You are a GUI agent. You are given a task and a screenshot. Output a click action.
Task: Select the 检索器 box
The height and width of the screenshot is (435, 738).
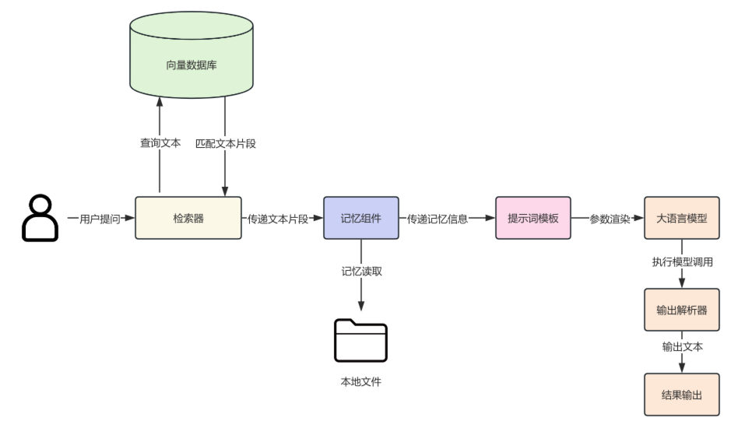188,219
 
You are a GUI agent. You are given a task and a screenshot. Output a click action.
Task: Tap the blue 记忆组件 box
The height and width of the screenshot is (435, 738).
361,219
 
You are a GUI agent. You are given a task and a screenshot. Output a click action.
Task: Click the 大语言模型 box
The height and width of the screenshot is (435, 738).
680,219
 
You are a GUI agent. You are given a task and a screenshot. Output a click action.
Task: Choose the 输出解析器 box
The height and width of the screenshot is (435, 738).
680,309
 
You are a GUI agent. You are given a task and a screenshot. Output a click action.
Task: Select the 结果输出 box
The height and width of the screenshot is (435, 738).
680,395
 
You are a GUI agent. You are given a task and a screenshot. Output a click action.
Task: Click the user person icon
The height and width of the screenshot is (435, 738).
40,218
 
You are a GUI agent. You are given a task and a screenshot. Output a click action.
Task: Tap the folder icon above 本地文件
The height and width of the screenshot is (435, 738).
361,340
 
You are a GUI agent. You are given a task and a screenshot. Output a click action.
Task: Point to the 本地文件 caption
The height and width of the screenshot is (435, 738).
361,381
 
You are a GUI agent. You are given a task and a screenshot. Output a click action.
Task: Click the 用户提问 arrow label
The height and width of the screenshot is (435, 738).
100,219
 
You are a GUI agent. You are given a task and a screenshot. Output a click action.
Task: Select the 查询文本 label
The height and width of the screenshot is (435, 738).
160,143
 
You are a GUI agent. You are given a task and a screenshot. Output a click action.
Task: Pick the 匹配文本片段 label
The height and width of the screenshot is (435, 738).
225,143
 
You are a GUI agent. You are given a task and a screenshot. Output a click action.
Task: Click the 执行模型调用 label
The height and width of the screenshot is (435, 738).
682,262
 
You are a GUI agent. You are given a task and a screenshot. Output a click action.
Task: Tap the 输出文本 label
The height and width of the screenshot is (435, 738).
682,347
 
